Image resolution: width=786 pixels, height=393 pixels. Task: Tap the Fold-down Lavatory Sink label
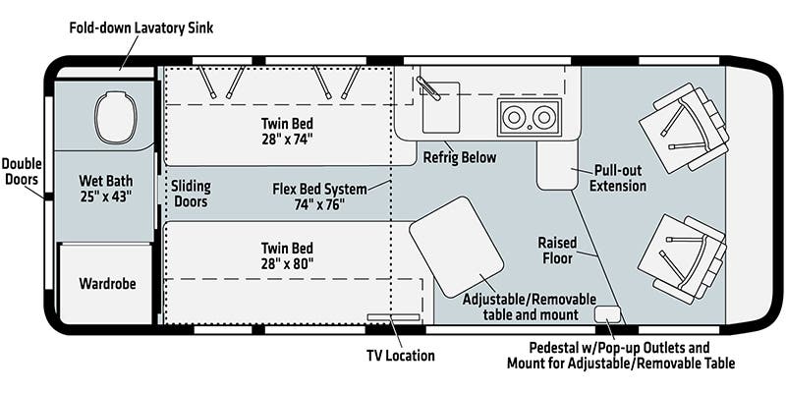[x=140, y=28]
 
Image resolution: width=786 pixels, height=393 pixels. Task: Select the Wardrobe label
[x=107, y=284]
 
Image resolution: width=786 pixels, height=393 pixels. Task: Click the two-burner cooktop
[x=529, y=117]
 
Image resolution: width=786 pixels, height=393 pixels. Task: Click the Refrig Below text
[x=459, y=157]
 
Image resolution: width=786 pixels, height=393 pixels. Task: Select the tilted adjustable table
[x=456, y=246]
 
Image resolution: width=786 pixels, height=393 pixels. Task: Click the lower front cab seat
[x=681, y=258]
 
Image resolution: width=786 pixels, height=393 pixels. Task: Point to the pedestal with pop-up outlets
[x=608, y=314]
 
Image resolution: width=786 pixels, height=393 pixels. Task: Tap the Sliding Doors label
[x=191, y=193]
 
